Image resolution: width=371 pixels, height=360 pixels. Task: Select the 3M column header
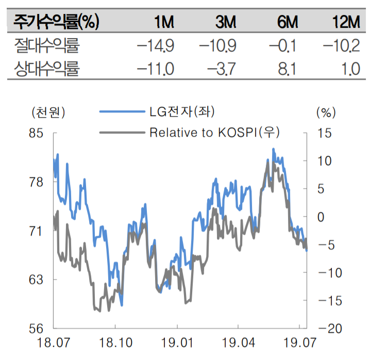pyautogui.click(x=225, y=22)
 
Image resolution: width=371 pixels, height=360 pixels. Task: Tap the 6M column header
pyautogui.click(x=286, y=22)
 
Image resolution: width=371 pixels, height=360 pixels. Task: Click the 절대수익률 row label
pyautogui.click(x=47, y=46)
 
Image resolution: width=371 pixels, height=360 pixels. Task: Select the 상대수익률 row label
pyautogui.click(x=47, y=69)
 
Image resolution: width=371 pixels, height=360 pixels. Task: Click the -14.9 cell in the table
pyautogui.click(x=156, y=46)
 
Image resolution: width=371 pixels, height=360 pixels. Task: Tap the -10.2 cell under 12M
pyautogui.click(x=341, y=46)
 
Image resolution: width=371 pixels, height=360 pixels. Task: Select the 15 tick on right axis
pyautogui.click(x=326, y=133)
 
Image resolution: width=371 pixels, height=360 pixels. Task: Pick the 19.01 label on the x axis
pyautogui.click(x=177, y=342)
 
